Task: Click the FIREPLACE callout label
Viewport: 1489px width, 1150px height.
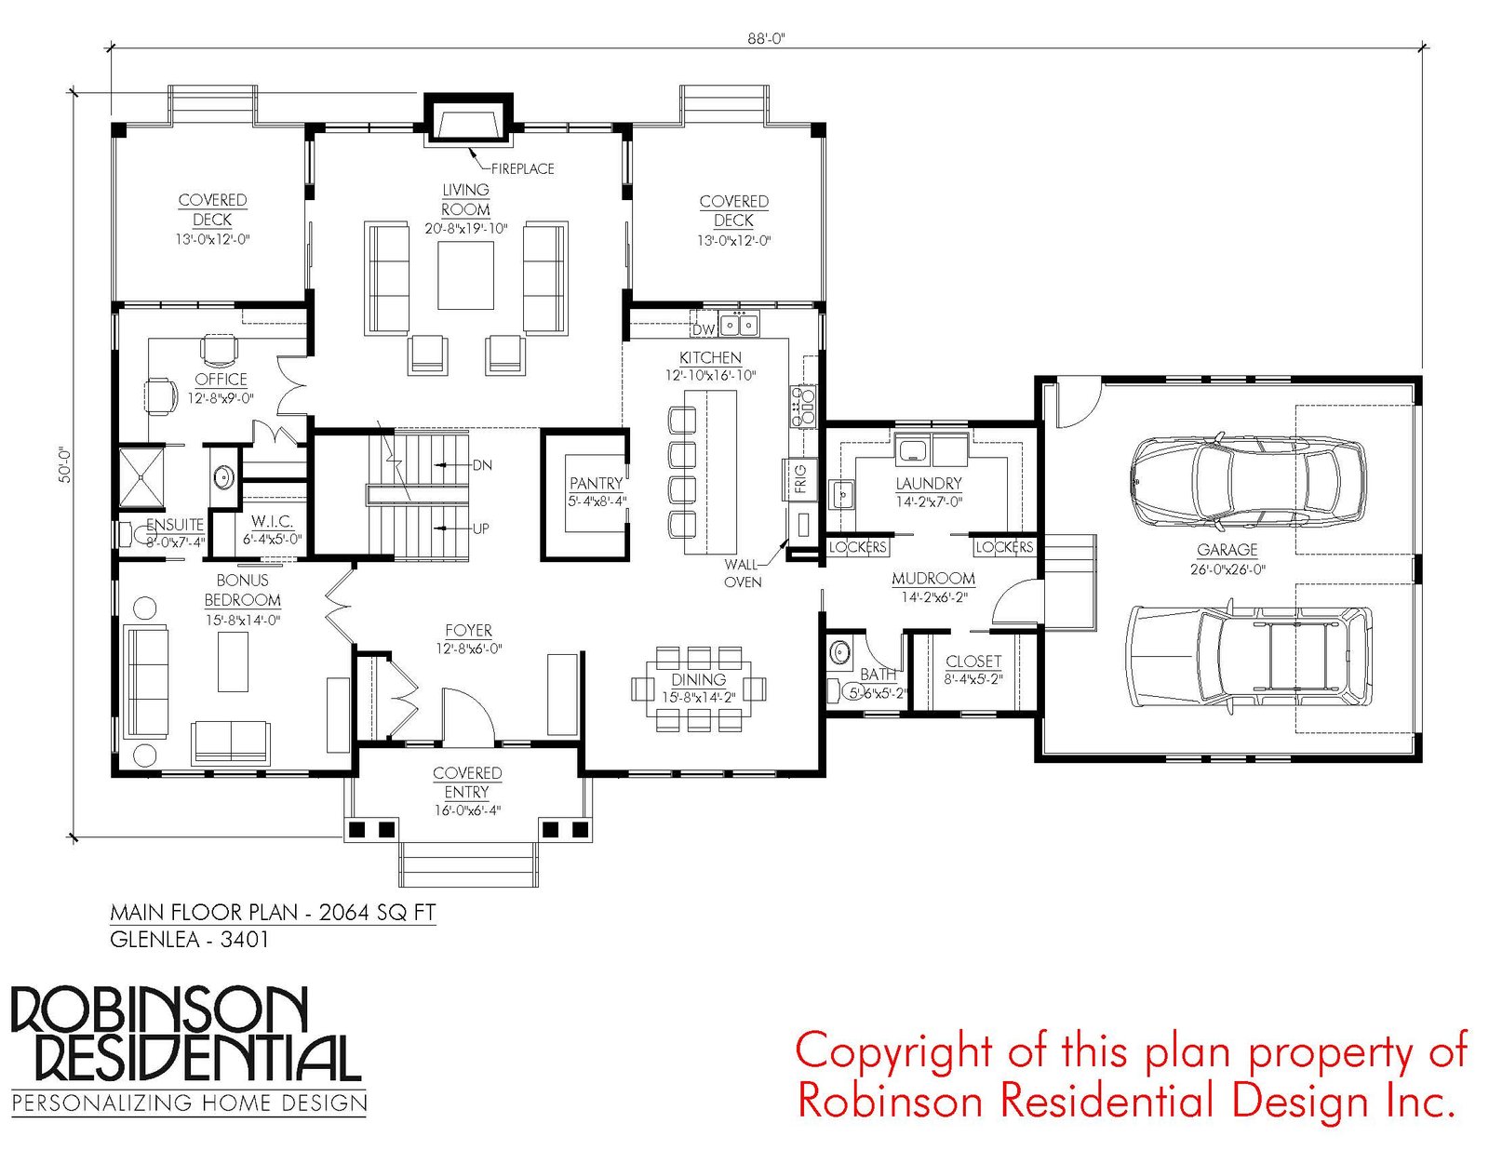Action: [522, 168]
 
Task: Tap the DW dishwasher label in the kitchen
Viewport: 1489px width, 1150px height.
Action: [703, 329]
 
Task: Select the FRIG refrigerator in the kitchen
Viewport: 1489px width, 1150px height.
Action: [800, 479]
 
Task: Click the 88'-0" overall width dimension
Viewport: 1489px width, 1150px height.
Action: [766, 39]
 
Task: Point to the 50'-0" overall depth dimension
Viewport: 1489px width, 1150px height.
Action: [65, 465]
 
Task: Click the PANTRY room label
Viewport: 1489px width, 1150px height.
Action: [596, 484]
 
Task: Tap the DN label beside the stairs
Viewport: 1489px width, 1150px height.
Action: [482, 466]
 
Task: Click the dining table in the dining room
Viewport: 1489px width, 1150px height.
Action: [698, 680]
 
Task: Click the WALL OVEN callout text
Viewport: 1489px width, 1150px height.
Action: [742, 573]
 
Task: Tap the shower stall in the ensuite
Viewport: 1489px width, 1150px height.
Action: [141, 478]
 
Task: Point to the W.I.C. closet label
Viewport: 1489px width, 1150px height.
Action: [272, 522]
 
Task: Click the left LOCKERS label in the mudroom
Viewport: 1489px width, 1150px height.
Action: [857, 547]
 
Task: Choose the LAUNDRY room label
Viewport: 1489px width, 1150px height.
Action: [929, 484]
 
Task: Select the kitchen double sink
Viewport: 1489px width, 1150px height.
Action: [739, 323]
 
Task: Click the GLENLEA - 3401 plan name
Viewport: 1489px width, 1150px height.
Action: [189, 939]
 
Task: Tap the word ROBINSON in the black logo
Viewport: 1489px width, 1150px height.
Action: [159, 1011]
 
